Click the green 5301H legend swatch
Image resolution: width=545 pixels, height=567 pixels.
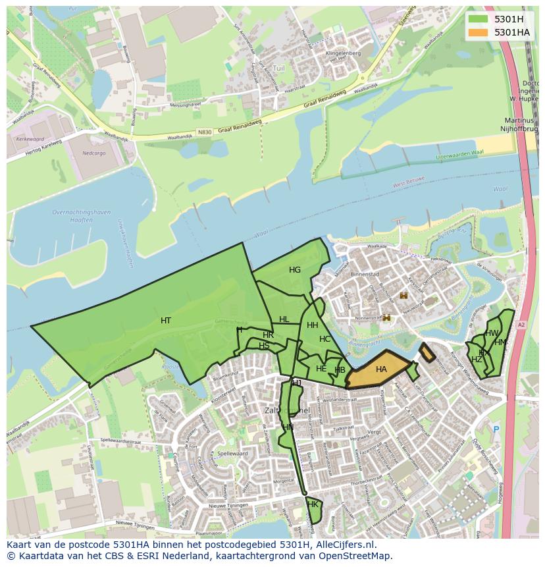pyautogui.click(x=478, y=19)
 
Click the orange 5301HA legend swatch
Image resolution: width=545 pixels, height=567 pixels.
pyautogui.click(x=478, y=32)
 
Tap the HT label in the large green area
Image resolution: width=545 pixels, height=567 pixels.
pyautogui.click(x=166, y=321)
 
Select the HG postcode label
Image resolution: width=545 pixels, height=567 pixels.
pyautogui.click(x=295, y=270)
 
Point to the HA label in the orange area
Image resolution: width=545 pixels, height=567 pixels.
pyautogui.click(x=381, y=369)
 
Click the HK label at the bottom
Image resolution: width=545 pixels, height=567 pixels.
pyautogui.click(x=313, y=504)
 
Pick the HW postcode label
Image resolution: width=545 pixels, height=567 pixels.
pyautogui.click(x=492, y=333)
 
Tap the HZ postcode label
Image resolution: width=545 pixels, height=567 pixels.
pyautogui.click(x=477, y=360)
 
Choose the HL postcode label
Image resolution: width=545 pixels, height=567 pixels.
pyautogui.click(x=284, y=319)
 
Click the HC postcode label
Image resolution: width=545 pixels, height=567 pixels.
pyautogui.click(x=324, y=339)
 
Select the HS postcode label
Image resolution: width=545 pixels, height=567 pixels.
pyautogui.click(x=264, y=346)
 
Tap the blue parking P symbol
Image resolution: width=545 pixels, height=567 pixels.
pyautogui.click(x=496, y=429)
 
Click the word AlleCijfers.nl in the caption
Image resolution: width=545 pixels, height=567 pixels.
pyautogui.click(x=343, y=545)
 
